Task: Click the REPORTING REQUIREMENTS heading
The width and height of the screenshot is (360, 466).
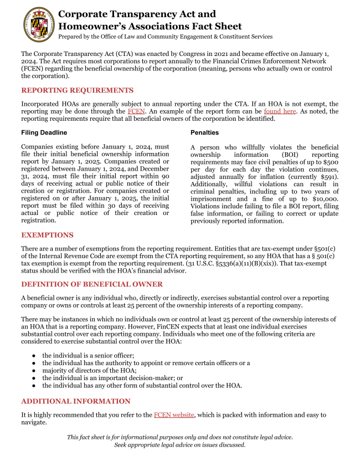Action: pos(77,90)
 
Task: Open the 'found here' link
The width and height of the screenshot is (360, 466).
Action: pos(280,111)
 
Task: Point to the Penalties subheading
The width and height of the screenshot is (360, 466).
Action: pos(204,133)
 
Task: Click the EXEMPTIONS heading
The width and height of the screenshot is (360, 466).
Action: pos(47,235)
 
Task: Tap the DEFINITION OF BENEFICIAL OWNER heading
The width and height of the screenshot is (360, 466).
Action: pos(92,284)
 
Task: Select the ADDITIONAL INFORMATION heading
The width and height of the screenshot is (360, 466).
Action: pos(76,401)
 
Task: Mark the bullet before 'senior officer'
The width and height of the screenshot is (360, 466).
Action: pos(34,356)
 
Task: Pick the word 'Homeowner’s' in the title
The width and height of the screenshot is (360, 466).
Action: pos(88,26)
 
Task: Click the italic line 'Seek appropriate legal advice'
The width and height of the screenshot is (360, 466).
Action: pos(179,445)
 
